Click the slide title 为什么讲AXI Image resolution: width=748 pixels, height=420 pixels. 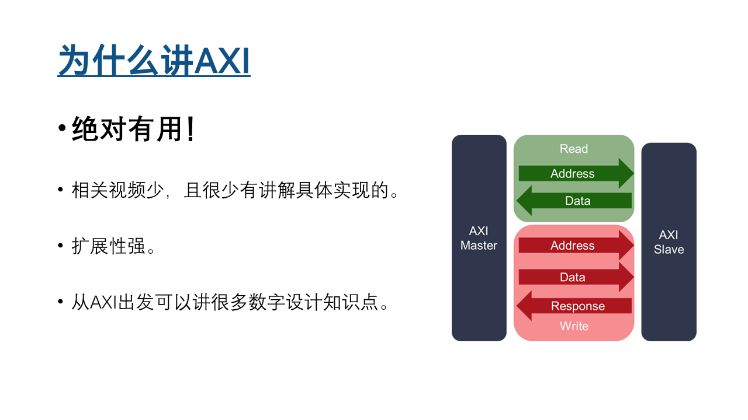pyautogui.click(x=154, y=61)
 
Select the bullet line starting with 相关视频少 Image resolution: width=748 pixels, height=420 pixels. pyautogui.click(x=235, y=190)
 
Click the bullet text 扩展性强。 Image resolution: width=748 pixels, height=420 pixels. pyautogui.click(x=113, y=246)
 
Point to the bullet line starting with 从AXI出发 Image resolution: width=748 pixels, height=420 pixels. pyautogui.click(x=230, y=302)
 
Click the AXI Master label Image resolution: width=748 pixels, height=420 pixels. pyautogui.click(x=479, y=238)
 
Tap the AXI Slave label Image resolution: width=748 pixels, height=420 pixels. pyautogui.click(x=669, y=242)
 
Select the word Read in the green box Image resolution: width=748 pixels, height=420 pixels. pyautogui.click(x=574, y=149)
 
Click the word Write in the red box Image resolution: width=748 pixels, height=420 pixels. pyautogui.click(x=574, y=326)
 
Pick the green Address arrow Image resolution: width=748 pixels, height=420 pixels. pyautogui.click(x=576, y=173)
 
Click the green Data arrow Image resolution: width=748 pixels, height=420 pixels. pyautogui.click(x=574, y=201)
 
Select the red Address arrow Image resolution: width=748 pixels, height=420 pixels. pyautogui.click(x=576, y=246)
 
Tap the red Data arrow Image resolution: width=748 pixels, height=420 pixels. pyautogui.click(x=576, y=277)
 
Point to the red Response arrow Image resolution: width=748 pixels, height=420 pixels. pyautogui.click(x=574, y=306)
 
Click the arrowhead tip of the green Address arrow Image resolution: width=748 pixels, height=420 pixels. pyautogui.click(x=634, y=173)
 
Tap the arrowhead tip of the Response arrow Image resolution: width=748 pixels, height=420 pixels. pyautogui.click(x=517, y=306)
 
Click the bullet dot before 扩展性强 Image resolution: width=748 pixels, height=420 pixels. pyautogui.click(x=60, y=246)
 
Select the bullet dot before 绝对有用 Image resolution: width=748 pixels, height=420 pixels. pyautogui.click(x=62, y=128)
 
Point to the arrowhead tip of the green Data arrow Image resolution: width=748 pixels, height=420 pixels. pyautogui.click(x=517, y=201)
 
